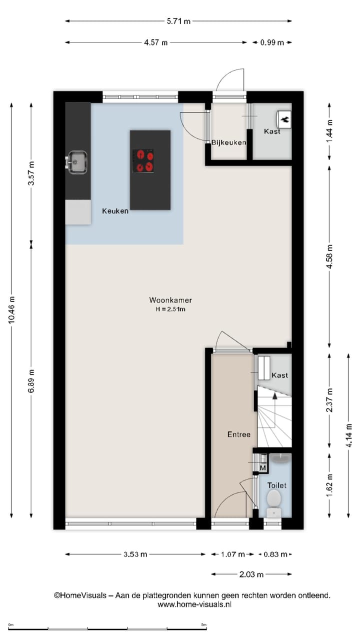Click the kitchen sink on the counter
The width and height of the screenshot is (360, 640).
click(77, 161)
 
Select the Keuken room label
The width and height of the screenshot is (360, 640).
click(115, 211)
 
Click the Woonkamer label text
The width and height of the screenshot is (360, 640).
click(170, 300)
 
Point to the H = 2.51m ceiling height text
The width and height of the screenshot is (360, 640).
click(170, 309)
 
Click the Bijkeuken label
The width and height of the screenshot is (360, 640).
click(228, 142)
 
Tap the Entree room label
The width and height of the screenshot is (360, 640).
click(238, 434)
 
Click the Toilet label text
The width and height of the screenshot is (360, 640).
click(276, 485)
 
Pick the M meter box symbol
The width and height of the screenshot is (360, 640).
click(262, 467)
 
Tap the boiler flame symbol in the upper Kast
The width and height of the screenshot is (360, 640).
click(284, 118)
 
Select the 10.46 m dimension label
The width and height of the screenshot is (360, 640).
click(11, 310)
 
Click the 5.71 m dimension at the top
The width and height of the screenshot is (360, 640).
click(178, 21)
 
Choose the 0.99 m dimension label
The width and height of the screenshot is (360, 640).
click(272, 42)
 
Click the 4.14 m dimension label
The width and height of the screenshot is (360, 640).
click(349, 435)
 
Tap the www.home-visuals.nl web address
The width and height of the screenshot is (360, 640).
click(194, 604)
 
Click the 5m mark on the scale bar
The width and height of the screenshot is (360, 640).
click(203, 625)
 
